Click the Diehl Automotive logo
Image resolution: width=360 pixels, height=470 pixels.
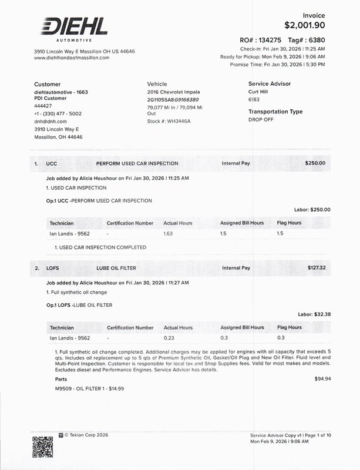pos(74,28)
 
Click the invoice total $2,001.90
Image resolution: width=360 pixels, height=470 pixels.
pos(304,25)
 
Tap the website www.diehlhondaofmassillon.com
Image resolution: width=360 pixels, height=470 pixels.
pos(72,58)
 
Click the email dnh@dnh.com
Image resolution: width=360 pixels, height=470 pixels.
pos(51,121)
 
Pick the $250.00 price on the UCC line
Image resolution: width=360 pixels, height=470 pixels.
pos(315,163)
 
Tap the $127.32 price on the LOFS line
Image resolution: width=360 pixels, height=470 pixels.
pos(316,268)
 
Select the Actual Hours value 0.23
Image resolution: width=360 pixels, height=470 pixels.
pos(170,338)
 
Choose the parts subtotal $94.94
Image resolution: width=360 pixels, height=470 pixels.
pos(322,379)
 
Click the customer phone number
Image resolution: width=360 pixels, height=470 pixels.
pos(58,113)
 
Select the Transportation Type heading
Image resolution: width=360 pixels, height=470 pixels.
pos(275,112)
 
